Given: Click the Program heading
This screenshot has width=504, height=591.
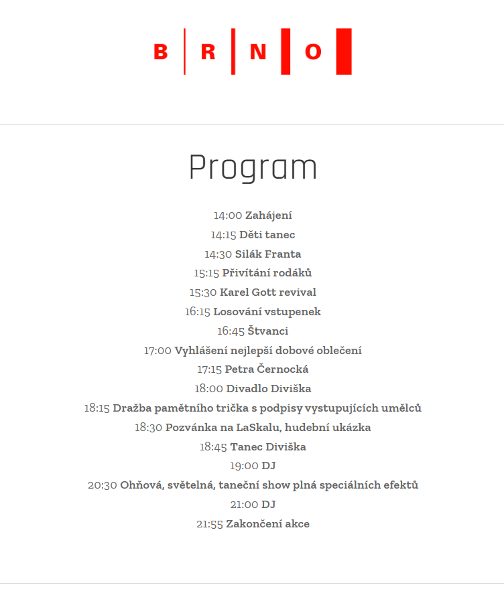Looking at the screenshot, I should click(x=253, y=168).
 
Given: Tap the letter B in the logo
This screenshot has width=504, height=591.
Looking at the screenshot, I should click(x=161, y=52).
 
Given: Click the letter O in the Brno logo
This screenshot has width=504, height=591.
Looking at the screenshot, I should click(x=313, y=52).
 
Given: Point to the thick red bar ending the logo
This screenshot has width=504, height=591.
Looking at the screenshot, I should click(x=344, y=52).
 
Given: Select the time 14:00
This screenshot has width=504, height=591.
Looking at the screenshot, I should click(x=227, y=216).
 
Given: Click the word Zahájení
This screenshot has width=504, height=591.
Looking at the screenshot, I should click(x=268, y=216).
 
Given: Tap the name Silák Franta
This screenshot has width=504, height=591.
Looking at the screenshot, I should click(x=267, y=254).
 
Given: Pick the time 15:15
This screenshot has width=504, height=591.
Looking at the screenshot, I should click(x=206, y=273).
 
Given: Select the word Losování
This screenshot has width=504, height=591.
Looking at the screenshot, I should click(x=236, y=312).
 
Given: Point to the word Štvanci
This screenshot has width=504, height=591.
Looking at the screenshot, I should click(x=267, y=331).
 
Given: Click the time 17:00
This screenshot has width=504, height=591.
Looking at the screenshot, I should click(x=157, y=351).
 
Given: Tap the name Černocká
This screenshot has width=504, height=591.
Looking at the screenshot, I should click(x=282, y=369).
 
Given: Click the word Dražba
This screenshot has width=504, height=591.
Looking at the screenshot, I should click(x=131, y=408).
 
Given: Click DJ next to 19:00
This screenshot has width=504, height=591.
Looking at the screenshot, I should click(x=269, y=466).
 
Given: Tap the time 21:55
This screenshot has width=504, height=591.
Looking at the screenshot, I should click(x=209, y=524).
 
